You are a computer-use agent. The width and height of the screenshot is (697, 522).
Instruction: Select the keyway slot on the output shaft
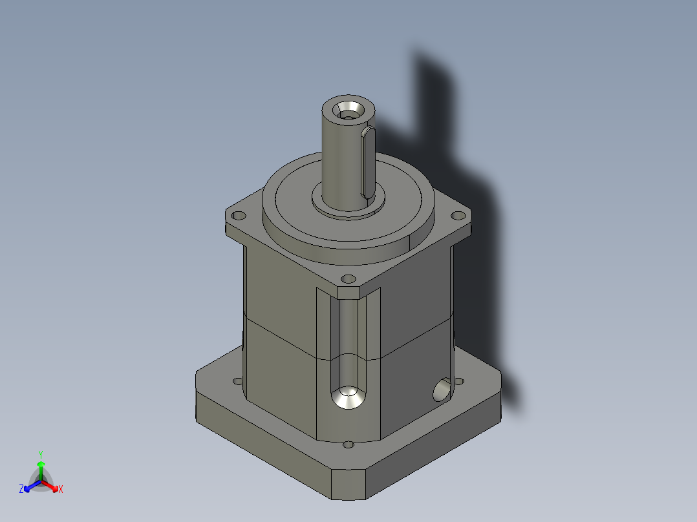pos(367,162)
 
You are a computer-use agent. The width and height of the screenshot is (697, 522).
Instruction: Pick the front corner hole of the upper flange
pos(348,279)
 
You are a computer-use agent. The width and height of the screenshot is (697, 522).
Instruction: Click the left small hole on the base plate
pos(237,382)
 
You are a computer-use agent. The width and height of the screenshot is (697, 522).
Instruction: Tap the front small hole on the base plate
pos(348,444)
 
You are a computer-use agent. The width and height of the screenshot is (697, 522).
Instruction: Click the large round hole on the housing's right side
pos(442,390)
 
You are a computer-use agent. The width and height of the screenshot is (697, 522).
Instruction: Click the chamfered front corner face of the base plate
pos(349,485)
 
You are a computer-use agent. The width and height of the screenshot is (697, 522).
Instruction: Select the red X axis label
pos(61,490)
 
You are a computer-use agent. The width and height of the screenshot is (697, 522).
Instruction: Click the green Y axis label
pos(40,454)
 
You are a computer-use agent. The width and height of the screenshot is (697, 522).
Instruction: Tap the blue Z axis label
pos(21,490)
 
